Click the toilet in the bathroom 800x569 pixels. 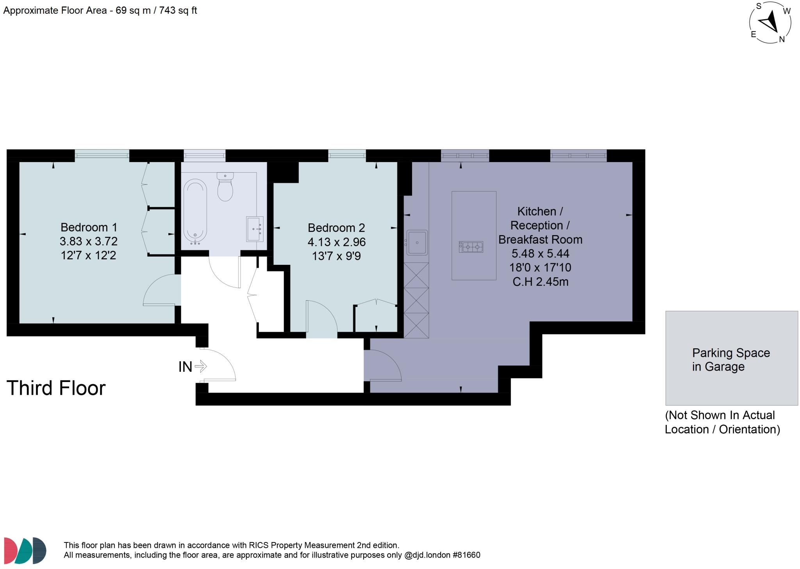click(225, 187)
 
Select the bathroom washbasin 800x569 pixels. click(255, 229)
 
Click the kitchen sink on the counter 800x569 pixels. click(417, 243)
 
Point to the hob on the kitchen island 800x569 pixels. click(471, 247)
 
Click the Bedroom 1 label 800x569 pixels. click(89, 227)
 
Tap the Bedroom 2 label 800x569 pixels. click(336, 228)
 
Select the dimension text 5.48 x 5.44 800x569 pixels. click(540, 253)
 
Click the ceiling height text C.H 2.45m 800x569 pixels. click(540, 282)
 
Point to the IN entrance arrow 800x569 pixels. click(200, 366)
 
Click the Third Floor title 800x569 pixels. click(56, 388)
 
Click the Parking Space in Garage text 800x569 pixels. click(730, 360)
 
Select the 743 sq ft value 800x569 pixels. click(178, 11)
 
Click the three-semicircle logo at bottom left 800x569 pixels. click(25, 550)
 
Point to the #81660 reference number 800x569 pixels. click(466, 555)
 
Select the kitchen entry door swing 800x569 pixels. click(382, 365)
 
